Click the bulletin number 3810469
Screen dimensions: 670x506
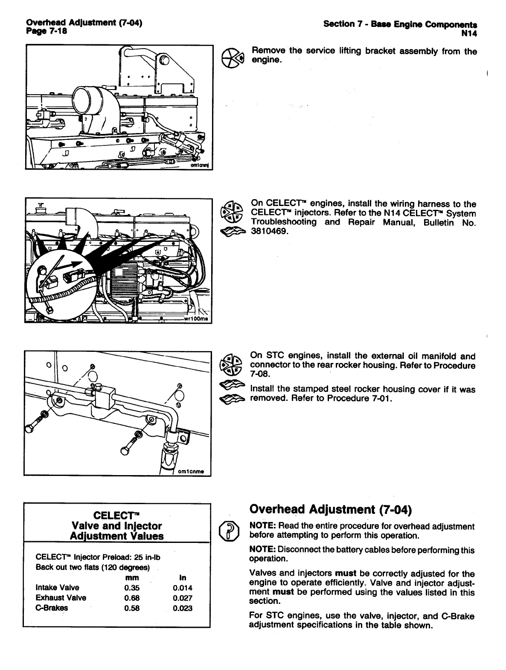270,231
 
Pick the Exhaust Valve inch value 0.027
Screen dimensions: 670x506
183,598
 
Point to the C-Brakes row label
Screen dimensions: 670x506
52,608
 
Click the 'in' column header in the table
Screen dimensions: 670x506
183,578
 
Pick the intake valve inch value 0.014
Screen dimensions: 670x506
183,588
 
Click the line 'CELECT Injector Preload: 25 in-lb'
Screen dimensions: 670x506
98,557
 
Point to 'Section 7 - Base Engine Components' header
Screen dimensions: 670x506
400,24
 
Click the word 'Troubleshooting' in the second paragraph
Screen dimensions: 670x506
284,222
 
